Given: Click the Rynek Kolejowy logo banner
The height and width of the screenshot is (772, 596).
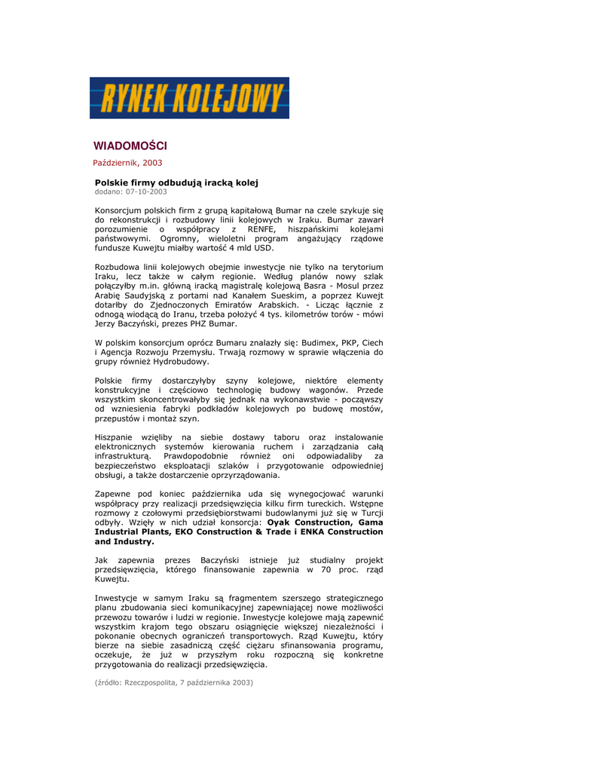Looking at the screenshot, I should click(x=189, y=98).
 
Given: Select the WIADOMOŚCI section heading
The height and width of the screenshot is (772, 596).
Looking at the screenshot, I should click(x=130, y=146).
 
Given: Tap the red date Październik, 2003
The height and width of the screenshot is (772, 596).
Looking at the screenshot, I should click(x=127, y=162).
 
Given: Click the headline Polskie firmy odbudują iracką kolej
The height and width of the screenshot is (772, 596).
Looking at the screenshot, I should click(x=176, y=182).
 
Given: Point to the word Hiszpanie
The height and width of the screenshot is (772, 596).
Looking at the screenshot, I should click(x=116, y=437).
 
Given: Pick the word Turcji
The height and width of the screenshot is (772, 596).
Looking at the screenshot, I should click(x=367, y=513).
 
